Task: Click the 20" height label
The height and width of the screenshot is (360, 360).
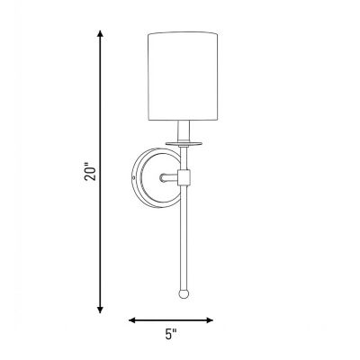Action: point(90,172)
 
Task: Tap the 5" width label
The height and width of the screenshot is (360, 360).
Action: point(171,334)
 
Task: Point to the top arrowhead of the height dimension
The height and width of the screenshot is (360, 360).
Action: point(101,33)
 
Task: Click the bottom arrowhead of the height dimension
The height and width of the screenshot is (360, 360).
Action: point(101,310)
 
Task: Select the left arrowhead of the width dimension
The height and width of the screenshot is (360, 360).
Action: point(132,320)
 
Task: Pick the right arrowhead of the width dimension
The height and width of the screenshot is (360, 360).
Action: point(210,320)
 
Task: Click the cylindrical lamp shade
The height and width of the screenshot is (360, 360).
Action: point(183,76)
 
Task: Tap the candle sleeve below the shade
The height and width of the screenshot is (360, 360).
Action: point(183,131)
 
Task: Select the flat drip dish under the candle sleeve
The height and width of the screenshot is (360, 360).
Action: point(183,144)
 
